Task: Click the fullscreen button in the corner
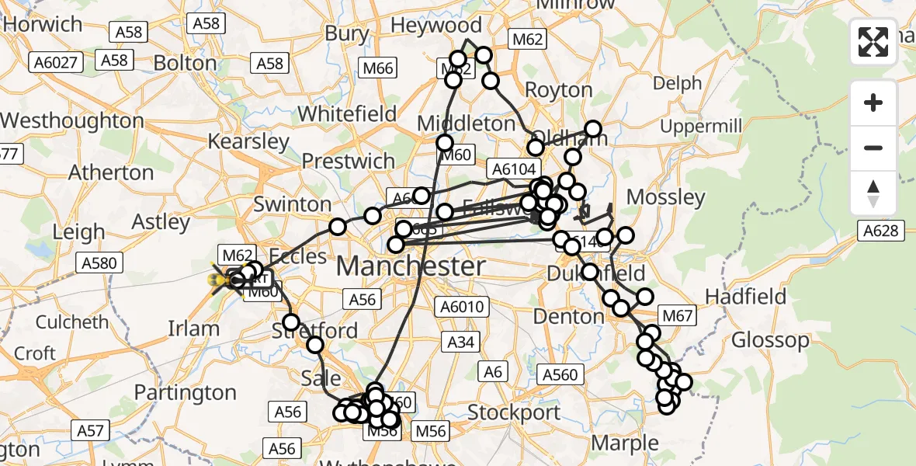(873, 42)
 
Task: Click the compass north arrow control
(873, 193)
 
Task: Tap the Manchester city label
(411, 266)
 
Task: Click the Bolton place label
(185, 62)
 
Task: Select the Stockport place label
(515, 412)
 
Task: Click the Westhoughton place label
(72, 121)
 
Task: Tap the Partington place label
(185, 393)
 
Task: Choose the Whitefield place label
(347, 113)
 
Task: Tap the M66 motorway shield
(378, 68)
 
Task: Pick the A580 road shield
(99, 263)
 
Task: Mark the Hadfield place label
(745, 297)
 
